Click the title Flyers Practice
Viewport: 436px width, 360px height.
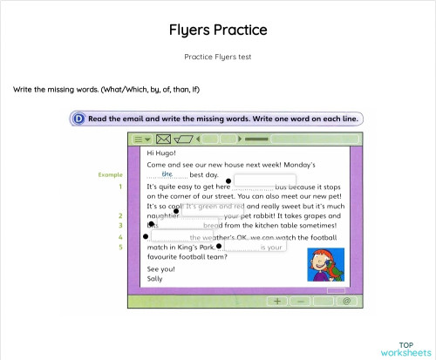(x=218, y=31)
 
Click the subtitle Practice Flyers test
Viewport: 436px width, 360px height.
(x=218, y=57)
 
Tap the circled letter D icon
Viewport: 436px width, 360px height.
(x=79, y=119)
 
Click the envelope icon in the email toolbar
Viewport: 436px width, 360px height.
(x=163, y=139)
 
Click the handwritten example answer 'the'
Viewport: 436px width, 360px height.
(x=167, y=174)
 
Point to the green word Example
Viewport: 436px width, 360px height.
(x=110, y=175)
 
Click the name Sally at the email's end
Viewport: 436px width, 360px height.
(x=155, y=280)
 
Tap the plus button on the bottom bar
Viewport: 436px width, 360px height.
(x=277, y=300)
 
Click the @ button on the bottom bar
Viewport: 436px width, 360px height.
(x=346, y=300)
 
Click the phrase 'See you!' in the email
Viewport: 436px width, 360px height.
(x=160, y=269)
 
